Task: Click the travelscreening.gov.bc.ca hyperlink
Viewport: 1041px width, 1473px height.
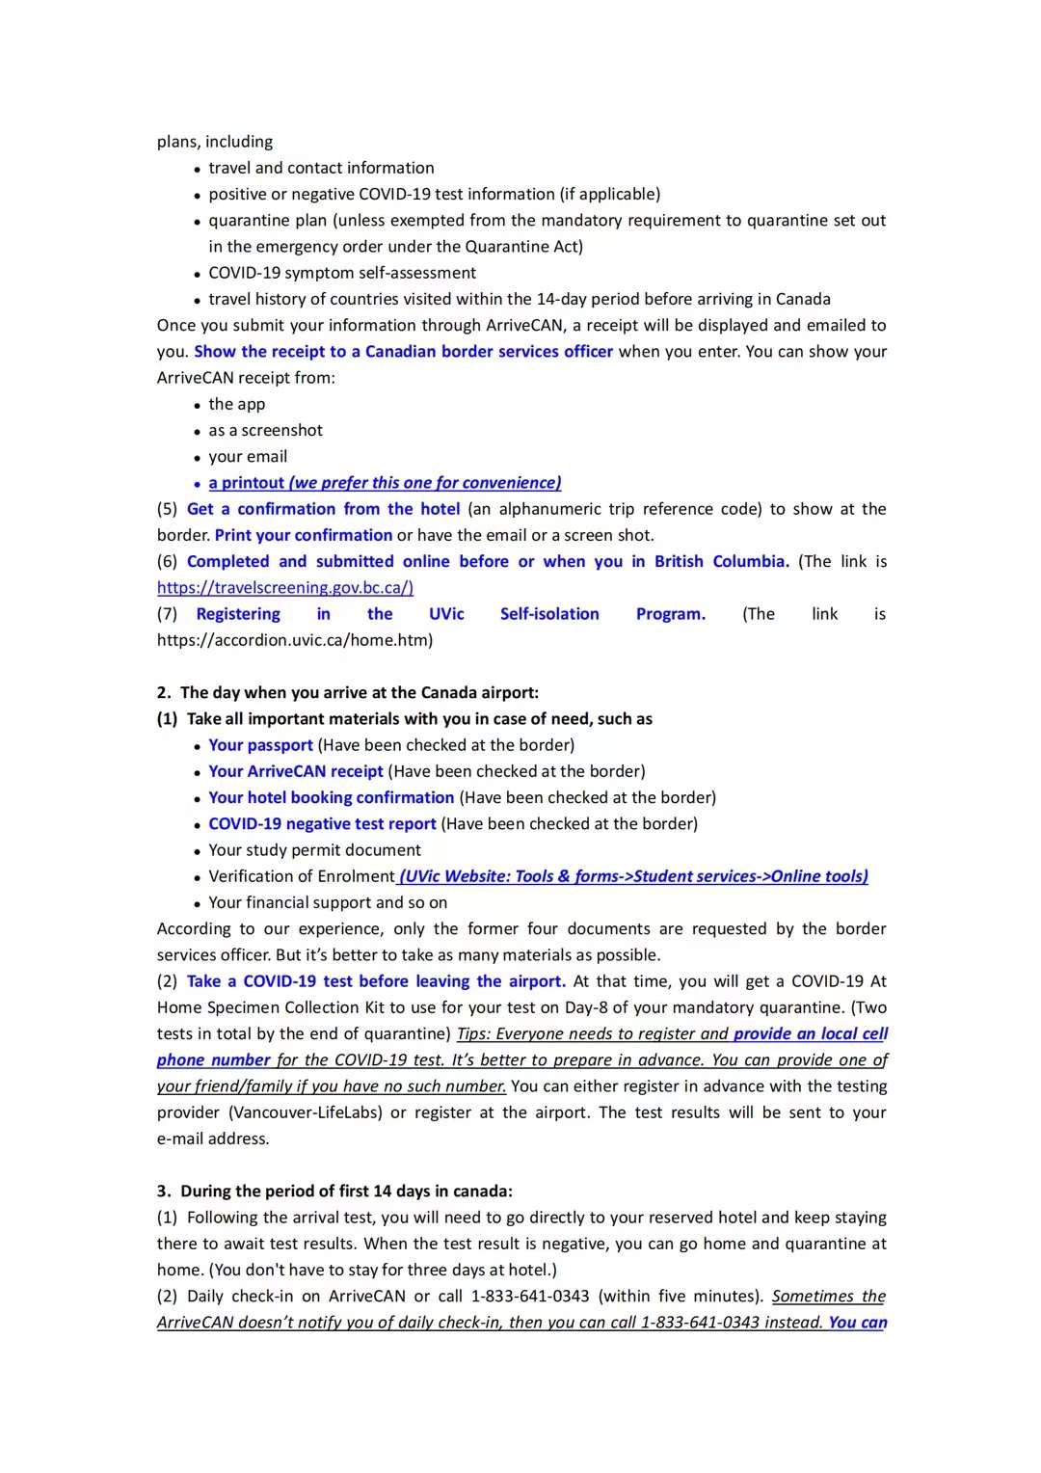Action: click(x=285, y=587)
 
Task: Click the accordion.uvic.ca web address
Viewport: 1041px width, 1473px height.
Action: click(x=295, y=640)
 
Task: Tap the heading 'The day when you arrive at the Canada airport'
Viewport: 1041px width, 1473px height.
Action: click(x=359, y=692)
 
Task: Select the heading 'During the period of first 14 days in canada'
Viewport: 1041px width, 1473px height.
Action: click(x=346, y=1191)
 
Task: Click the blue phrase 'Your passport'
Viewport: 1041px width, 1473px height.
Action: click(x=260, y=745)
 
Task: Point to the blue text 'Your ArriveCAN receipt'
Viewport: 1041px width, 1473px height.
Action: click(x=296, y=771)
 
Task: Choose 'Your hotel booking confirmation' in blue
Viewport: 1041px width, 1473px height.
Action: click(x=331, y=797)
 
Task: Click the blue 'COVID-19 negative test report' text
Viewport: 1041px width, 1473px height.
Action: click(x=322, y=823)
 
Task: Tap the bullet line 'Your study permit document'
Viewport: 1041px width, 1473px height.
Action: click(x=314, y=850)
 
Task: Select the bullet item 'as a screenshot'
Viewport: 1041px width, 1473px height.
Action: click(x=265, y=430)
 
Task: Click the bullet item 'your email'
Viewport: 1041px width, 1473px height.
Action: click(x=248, y=457)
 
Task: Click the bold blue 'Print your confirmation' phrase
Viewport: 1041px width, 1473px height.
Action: click(x=304, y=535)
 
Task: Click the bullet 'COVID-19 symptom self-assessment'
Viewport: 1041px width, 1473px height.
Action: click(x=342, y=273)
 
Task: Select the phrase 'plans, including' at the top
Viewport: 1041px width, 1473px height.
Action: click(x=215, y=142)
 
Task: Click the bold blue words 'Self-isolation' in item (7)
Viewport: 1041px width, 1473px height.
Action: click(x=549, y=614)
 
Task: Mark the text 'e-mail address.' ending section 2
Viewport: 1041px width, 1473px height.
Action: click(x=213, y=1138)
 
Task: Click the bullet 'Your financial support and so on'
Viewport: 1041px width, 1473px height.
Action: click(x=328, y=902)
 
